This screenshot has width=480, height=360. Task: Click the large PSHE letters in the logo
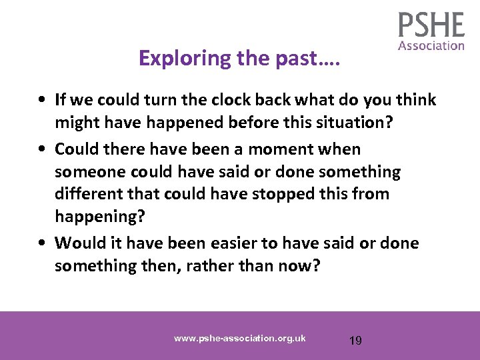(x=431, y=25)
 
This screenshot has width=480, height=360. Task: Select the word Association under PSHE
(x=431, y=45)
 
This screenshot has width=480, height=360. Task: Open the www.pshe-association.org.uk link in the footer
(x=239, y=338)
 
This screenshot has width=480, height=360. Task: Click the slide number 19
(x=355, y=341)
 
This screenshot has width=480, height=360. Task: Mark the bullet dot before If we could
(x=42, y=101)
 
